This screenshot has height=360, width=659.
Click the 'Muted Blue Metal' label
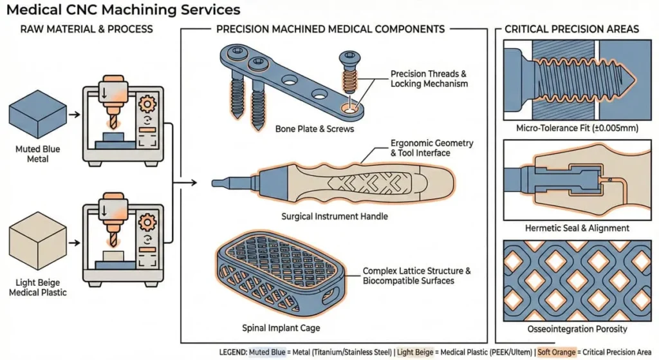tap(37, 155)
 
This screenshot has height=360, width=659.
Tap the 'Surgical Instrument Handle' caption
tap(335, 216)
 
